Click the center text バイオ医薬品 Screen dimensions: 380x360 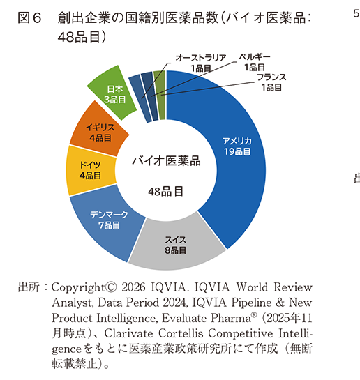click(166, 161)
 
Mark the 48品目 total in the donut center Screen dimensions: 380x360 click(166, 190)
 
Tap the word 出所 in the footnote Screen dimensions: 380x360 click(28, 287)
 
